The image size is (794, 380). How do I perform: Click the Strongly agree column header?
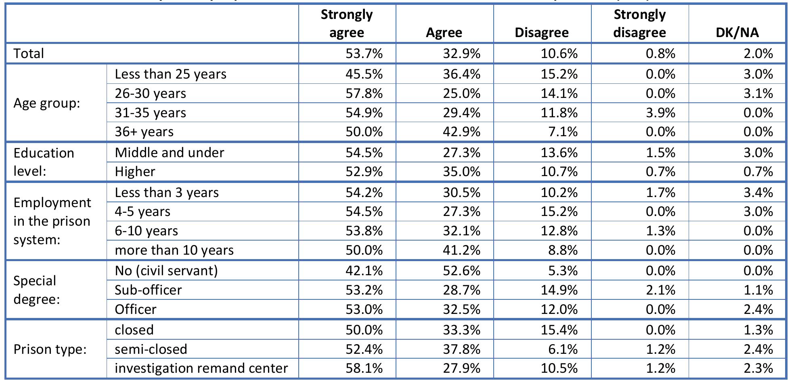coord(347,23)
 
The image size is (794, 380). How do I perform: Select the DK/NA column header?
coord(737,32)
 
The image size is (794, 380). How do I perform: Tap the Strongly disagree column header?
coord(639,23)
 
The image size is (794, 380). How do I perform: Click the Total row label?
coord(29,53)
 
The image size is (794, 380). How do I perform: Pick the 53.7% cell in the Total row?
coord(364,53)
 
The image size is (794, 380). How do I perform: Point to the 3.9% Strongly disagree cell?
coord(660,112)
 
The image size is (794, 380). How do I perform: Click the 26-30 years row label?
coord(150,93)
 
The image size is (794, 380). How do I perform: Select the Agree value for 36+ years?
coord(461,131)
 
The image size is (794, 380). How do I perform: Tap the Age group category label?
coord(47,103)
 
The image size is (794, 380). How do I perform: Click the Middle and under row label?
coord(169,152)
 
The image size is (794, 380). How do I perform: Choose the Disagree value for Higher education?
coord(559,171)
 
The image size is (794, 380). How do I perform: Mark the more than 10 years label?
coord(174,250)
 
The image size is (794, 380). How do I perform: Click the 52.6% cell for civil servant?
coord(461,270)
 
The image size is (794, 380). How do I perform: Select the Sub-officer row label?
coord(148,290)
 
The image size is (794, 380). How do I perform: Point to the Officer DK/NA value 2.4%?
coord(758,309)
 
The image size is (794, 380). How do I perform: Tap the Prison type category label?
coord(50,349)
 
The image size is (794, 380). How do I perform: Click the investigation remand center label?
coord(201,368)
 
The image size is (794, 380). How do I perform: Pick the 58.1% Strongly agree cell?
coord(364,368)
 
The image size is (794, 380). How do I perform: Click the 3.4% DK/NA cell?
coord(758,192)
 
